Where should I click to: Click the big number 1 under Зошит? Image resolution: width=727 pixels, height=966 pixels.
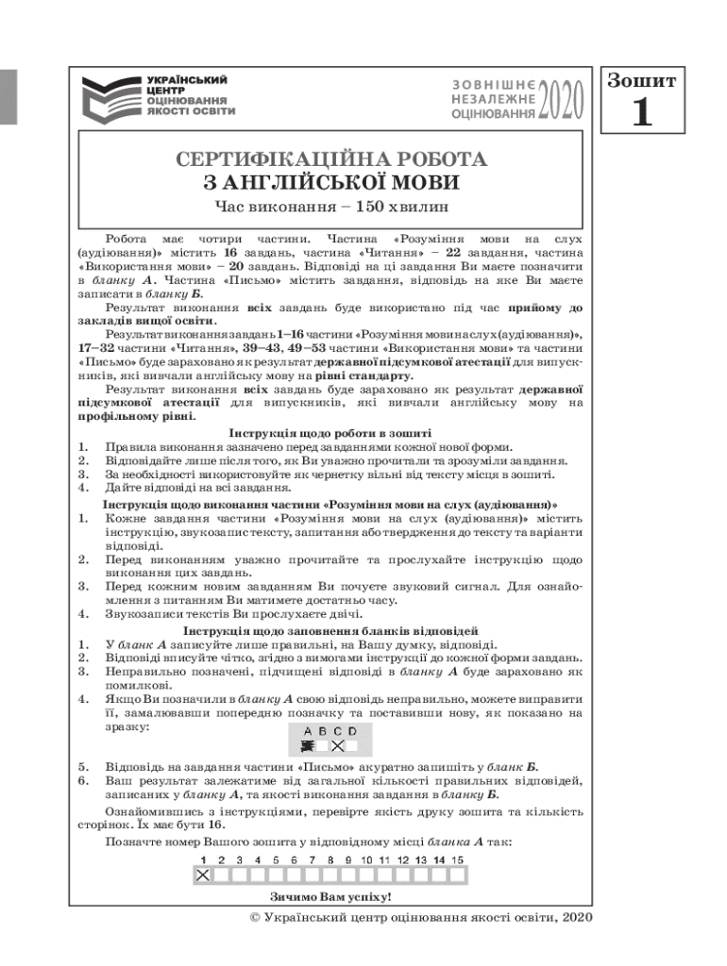(641, 113)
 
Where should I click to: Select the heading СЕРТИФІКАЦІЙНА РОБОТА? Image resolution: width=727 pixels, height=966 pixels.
(330, 159)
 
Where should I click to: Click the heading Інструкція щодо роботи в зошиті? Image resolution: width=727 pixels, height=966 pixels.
(330, 433)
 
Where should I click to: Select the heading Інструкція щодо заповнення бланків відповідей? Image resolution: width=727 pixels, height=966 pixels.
(330, 629)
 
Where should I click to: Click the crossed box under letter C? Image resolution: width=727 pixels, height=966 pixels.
(338, 745)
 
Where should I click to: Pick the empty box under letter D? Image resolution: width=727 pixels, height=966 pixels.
(353, 745)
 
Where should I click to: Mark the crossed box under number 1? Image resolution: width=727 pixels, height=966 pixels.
(201, 875)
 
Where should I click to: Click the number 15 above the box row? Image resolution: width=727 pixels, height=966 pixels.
(457, 860)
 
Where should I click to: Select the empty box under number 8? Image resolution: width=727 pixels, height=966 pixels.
(330, 875)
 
